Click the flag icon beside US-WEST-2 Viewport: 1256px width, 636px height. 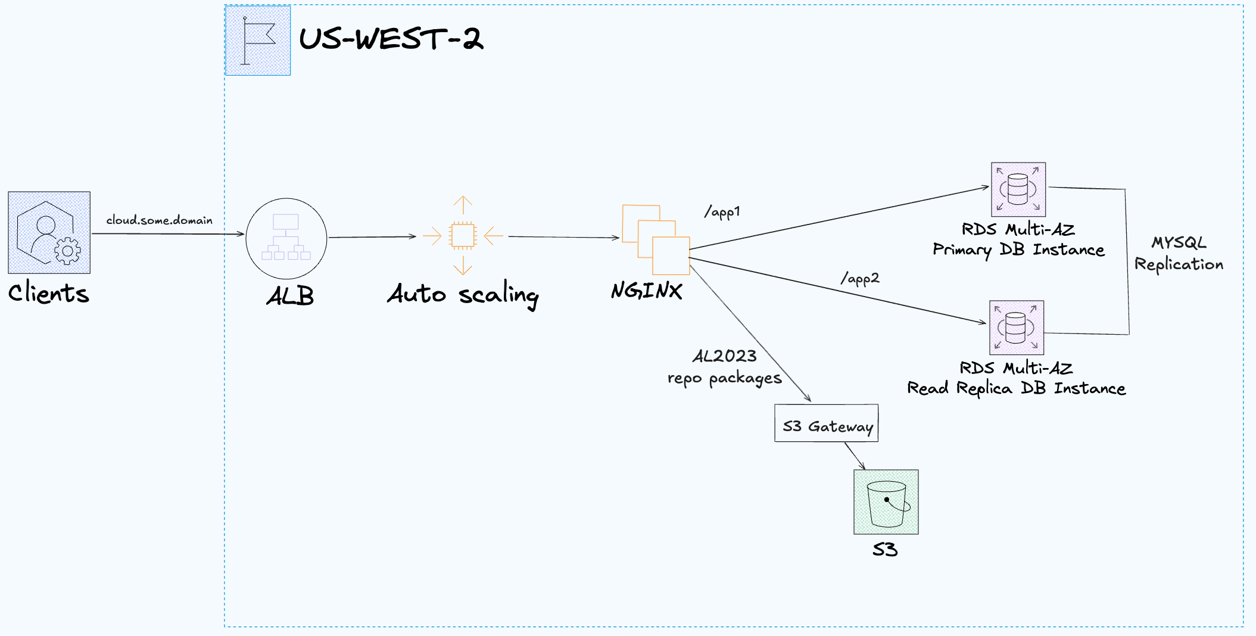click(258, 40)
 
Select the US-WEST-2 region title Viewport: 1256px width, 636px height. click(391, 39)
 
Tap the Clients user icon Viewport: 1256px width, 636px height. click(49, 233)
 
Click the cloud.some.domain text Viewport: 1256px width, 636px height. click(159, 220)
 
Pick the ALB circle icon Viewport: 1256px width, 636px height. click(286, 239)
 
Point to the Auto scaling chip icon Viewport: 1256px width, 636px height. click(463, 235)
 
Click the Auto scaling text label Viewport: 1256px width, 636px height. click(463, 294)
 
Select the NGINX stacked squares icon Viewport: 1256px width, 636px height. click(656, 239)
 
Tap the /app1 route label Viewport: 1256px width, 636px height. click(722, 212)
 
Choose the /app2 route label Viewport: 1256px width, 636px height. click(860, 279)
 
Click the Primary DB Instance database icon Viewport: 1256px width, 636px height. click(1018, 189)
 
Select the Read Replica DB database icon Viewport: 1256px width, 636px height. click(1017, 328)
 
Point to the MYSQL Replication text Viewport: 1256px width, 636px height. click(1179, 254)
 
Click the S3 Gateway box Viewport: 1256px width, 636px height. click(826, 423)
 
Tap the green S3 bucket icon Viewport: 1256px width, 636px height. click(886, 502)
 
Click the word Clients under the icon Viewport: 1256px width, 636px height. click(48, 293)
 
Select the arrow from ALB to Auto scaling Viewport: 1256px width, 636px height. click(372, 237)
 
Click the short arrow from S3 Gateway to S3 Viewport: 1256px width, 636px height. click(855, 456)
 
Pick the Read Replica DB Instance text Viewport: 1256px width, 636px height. click(1016, 388)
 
